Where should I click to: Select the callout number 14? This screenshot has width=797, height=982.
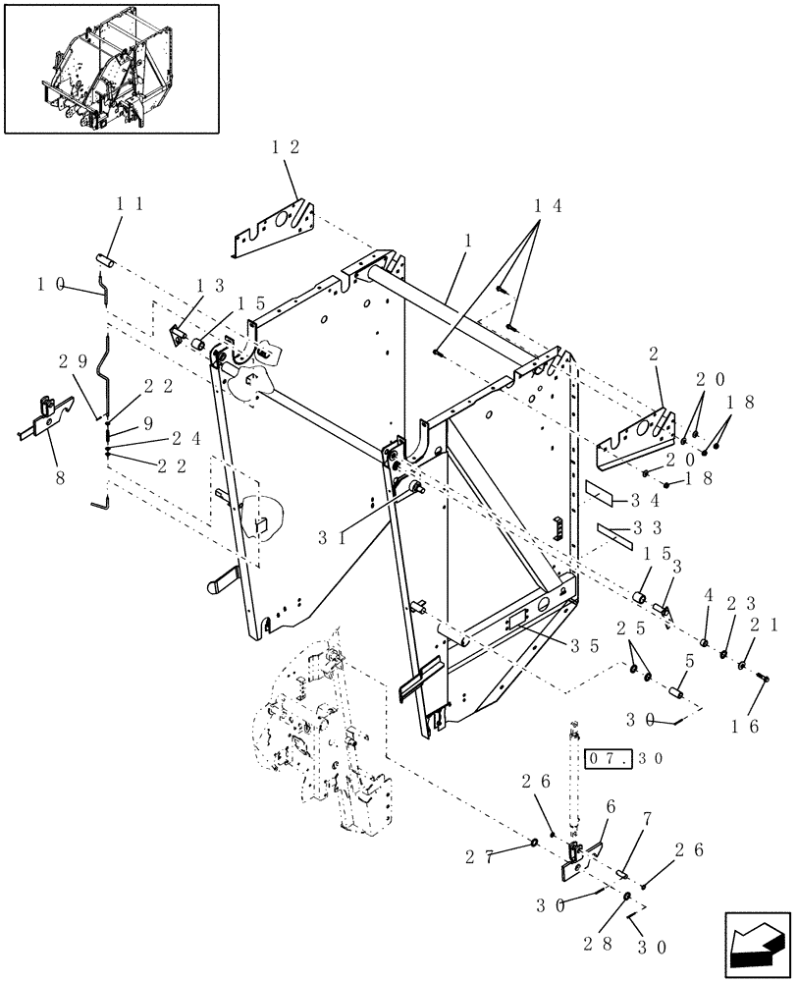tap(548, 207)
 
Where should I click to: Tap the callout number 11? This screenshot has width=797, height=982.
tap(131, 204)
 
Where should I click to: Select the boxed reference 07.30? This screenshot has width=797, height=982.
tap(622, 758)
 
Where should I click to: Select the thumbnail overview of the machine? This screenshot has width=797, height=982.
tap(111, 67)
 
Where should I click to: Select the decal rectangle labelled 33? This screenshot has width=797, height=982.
tap(614, 534)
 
